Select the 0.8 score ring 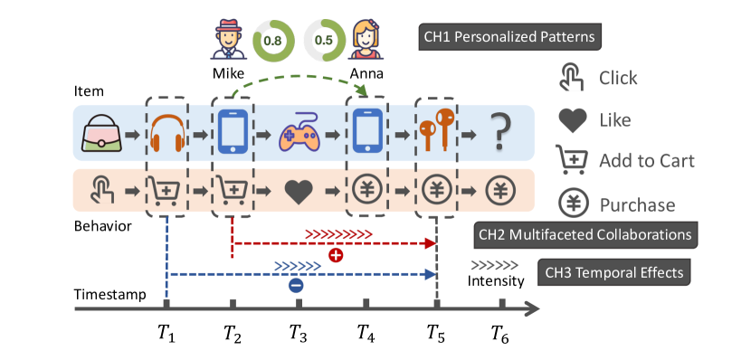tap(271, 40)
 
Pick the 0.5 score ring tap(321, 40)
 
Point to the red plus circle tap(336, 256)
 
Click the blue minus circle tap(295, 286)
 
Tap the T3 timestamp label tap(299, 333)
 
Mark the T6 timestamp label tap(499, 333)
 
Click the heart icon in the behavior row tap(299, 191)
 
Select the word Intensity tap(496, 281)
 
